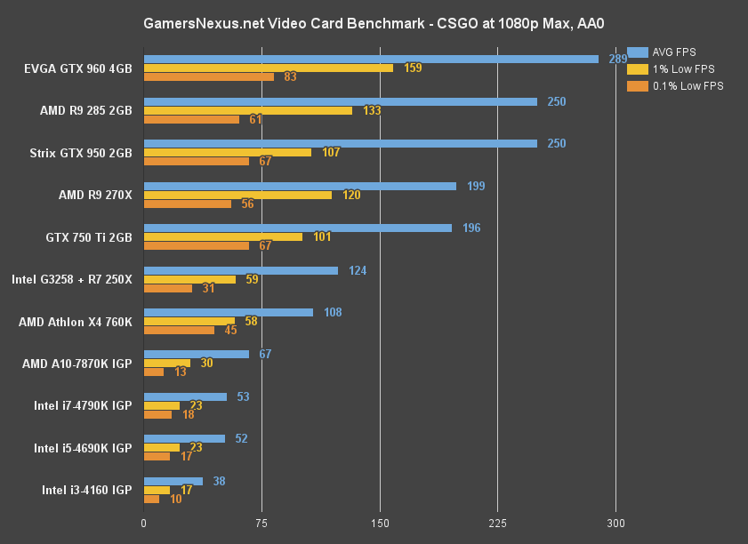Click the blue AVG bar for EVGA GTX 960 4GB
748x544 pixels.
pyautogui.click(x=371, y=60)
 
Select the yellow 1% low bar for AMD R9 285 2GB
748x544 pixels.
pyautogui.click(x=248, y=111)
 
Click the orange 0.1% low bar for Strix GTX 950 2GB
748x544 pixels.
pyautogui.click(x=197, y=161)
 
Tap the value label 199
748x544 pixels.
pyautogui.click(x=476, y=186)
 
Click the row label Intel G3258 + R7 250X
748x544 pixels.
pyautogui.click(x=72, y=279)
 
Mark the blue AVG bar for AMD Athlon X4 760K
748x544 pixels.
pyautogui.click(x=229, y=312)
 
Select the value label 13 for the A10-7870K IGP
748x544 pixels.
pyautogui.click(x=181, y=372)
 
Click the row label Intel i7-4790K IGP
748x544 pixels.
pyautogui.click(x=83, y=405)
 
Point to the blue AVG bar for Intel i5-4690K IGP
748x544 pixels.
pyautogui.click(x=184, y=438)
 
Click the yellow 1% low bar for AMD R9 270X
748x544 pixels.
pyautogui.click(x=237, y=195)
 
